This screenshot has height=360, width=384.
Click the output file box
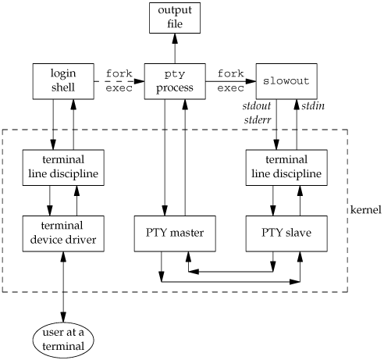(x=175, y=18)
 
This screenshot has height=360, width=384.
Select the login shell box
(x=63, y=81)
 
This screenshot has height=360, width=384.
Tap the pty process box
(x=175, y=81)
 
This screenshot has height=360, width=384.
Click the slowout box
(x=286, y=81)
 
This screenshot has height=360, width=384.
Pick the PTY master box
(x=175, y=233)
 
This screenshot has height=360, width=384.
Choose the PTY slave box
(x=286, y=233)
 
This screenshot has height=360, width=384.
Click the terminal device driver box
(x=63, y=233)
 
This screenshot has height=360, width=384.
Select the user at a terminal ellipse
(x=63, y=340)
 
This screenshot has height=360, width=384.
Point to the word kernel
(x=366, y=210)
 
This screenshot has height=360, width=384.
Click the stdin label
(x=313, y=106)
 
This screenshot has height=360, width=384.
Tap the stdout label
(x=257, y=106)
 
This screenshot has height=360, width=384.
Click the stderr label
(x=258, y=120)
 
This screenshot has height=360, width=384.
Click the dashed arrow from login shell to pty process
(x=119, y=81)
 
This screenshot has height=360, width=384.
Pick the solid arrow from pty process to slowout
(x=231, y=81)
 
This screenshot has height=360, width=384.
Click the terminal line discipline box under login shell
(x=63, y=167)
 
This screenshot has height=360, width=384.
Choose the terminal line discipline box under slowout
(x=286, y=167)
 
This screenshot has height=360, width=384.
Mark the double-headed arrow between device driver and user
(x=63, y=287)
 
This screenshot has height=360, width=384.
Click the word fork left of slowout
(x=231, y=73)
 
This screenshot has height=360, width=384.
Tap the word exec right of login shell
(x=119, y=88)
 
